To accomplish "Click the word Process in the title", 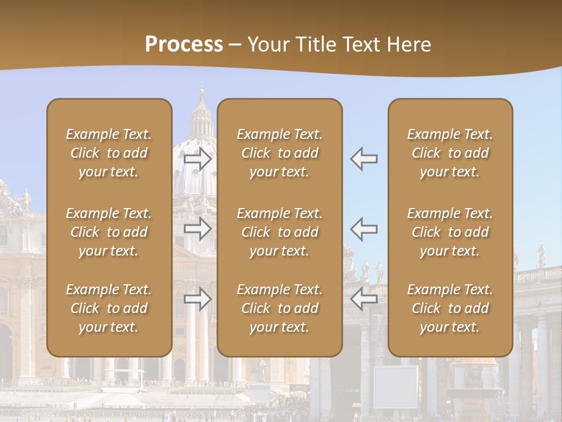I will click(184, 45).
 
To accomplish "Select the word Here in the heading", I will click(407, 45).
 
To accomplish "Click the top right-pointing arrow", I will click(198, 158).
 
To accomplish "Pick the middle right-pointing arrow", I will click(198, 229).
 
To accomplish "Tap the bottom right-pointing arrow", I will click(198, 300).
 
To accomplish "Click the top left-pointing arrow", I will click(364, 158).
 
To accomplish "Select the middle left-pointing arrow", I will click(364, 229).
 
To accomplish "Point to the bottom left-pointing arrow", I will click(364, 300).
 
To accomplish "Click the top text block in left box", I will click(109, 153).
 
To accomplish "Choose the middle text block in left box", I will click(109, 232).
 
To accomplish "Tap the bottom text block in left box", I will click(109, 308).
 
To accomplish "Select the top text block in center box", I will click(279, 153).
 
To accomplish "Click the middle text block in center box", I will click(279, 232).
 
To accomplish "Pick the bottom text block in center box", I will click(279, 308).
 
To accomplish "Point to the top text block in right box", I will click(450, 153).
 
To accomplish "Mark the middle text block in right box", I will click(450, 232).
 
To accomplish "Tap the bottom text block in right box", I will click(450, 308).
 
